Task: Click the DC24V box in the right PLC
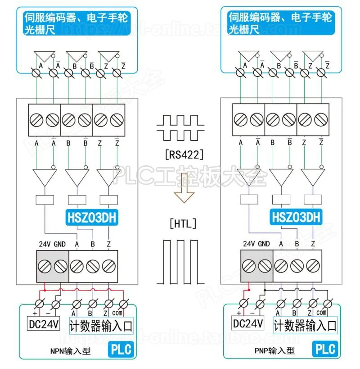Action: [247, 323]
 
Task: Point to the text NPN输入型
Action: [71, 351]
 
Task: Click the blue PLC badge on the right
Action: [325, 349]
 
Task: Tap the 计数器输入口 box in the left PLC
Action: [101, 325]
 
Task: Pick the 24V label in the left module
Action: [44, 244]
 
